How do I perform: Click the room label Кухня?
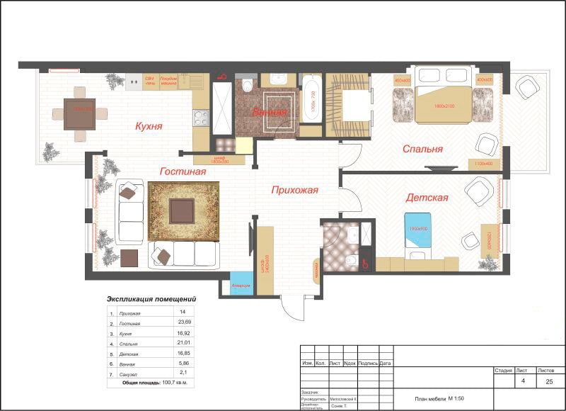(x=149, y=127)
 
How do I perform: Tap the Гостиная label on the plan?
(x=183, y=171)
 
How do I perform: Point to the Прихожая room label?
(x=294, y=190)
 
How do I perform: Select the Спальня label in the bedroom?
(x=422, y=149)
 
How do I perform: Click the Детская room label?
(x=427, y=198)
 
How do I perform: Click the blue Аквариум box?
(x=241, y=285)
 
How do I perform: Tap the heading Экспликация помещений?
(x=151, y=299)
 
